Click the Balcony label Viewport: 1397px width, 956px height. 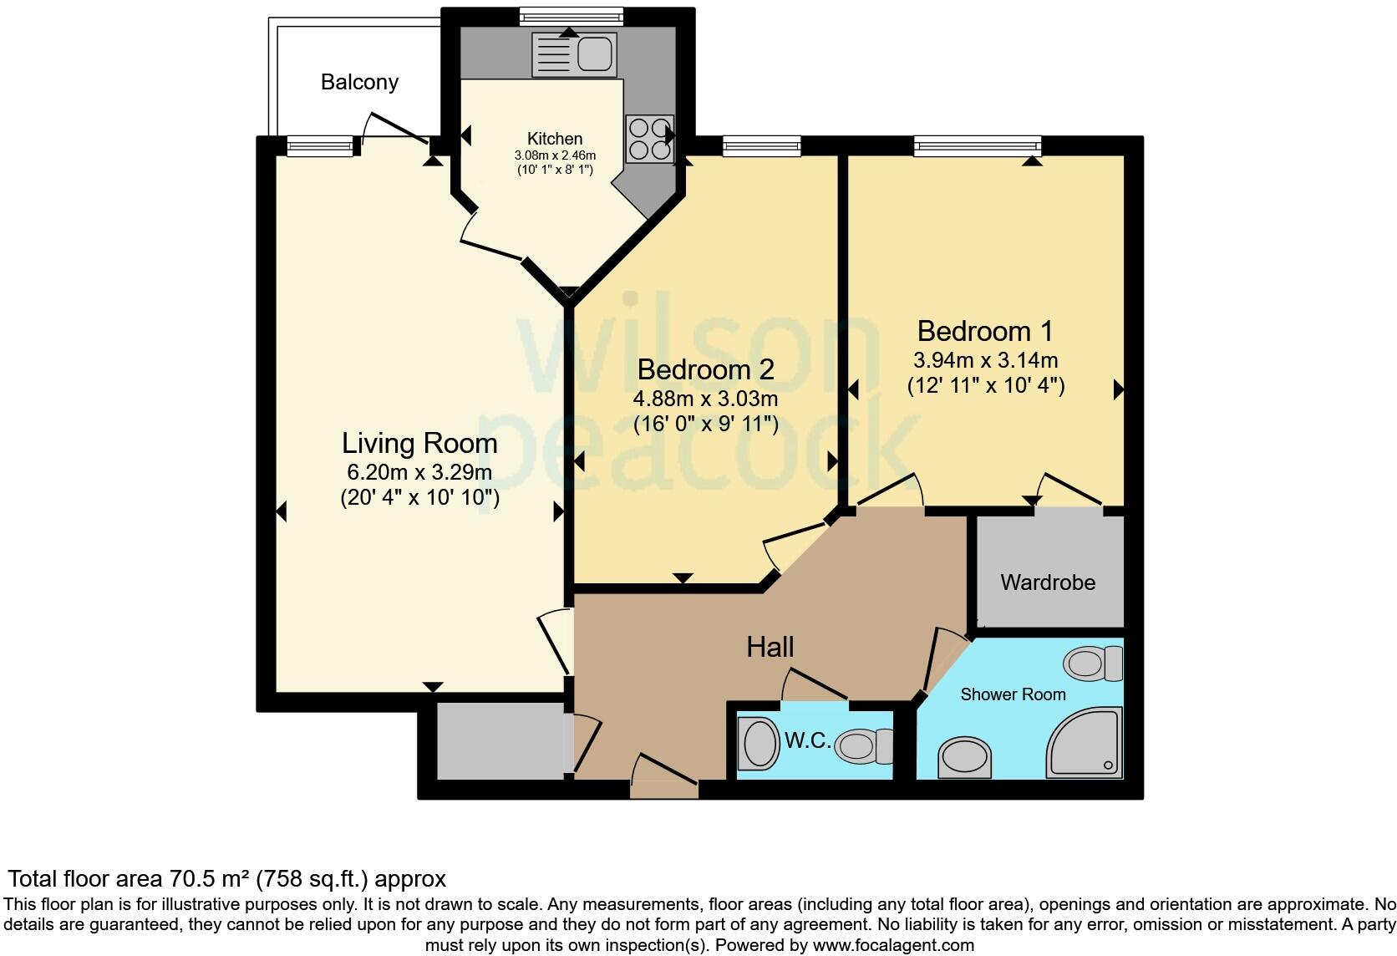[359, 82]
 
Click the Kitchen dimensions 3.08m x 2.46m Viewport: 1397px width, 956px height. [555, 155]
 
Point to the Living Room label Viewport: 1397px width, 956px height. [419, 443]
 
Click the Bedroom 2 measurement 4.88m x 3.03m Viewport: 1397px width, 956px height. [705, 398]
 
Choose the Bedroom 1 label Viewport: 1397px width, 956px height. [985, 331]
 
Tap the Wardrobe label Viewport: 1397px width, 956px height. [1048, 582]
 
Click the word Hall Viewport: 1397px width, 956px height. [770, 647]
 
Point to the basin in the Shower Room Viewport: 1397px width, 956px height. [965, 758]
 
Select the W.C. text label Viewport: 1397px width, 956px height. [807, 740]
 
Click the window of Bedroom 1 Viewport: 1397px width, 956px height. [978, 147]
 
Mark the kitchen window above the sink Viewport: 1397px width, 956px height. [571, 16]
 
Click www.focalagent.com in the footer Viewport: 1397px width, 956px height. [892, 946]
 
